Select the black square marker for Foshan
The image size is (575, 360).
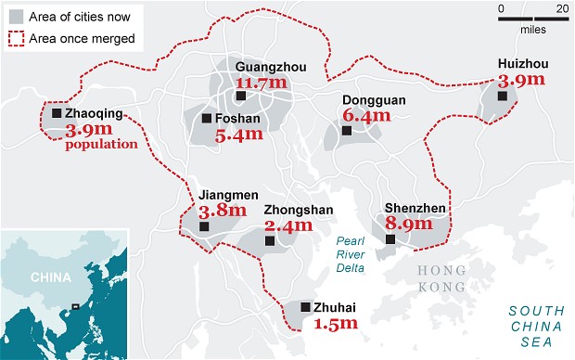coord(207,118)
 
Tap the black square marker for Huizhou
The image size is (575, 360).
coord(504,95)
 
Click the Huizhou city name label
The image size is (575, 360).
coord(510,64)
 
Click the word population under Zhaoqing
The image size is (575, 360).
coord(102,144)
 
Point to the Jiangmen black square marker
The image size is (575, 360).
coord(205,226)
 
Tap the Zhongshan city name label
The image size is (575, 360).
coord(298,210)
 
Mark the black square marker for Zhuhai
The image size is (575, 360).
coord(305,306)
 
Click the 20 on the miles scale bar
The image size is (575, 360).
coord(561,9)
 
